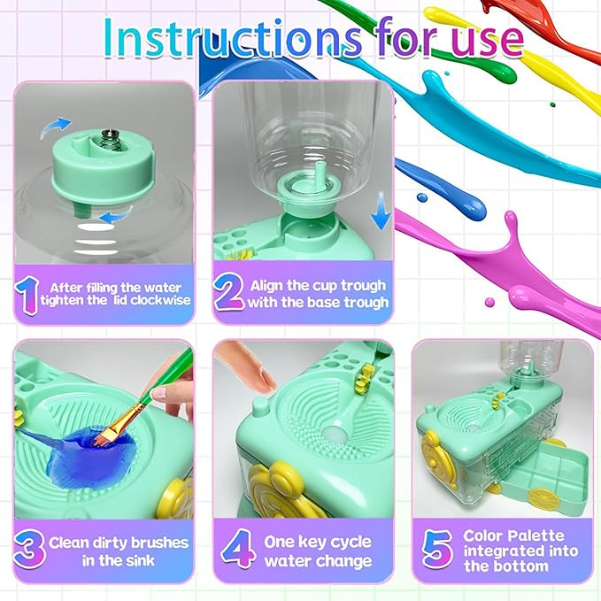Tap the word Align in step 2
[x=269, y=285]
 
